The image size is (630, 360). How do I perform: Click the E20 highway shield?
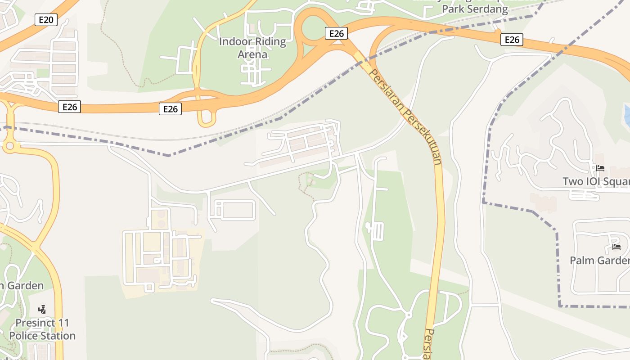point(46,20)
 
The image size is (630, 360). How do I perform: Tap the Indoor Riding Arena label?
point(252,48)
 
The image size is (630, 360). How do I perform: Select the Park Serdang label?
point(475,9)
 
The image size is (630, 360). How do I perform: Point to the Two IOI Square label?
point(596,181)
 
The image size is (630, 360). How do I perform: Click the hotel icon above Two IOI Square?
point(600,168)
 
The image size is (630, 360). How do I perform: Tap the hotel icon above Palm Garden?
point(616,247)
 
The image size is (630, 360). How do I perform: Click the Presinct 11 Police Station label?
point(42,329)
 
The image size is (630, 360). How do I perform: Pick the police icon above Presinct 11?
point(42,309)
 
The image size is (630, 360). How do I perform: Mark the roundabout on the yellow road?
point(9,146)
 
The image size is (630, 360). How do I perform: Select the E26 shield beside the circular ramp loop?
point(336,33)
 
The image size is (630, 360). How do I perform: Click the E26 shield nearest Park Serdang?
point(512,40)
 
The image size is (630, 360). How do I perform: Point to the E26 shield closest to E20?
point(69,107)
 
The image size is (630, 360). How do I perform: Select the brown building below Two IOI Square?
point(544,202)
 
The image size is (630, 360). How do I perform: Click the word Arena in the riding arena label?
point(252,54)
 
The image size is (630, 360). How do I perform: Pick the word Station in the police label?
point(57,336)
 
